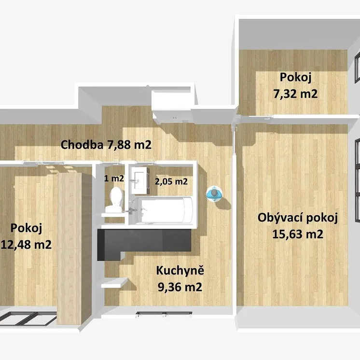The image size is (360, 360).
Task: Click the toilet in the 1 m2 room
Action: pos(115,200)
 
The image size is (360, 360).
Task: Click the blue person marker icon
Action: pos(214,194)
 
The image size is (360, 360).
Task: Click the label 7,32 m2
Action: pos(295,94)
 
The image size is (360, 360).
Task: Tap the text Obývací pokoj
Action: pos(298,218)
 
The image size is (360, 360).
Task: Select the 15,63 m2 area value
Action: pos(298,234)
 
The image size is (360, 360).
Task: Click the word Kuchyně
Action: pos(180,270)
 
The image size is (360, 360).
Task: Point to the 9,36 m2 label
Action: pos(180,287)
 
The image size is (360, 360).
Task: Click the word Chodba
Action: pos(82,145)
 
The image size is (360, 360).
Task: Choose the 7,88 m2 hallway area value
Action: pos(129,145)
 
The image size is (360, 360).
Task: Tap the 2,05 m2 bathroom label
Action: pos(171,181)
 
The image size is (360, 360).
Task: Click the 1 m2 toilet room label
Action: pos(114,179)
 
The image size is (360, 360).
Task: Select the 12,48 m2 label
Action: pos(26,245)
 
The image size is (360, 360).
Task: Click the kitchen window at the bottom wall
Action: pos(164,313)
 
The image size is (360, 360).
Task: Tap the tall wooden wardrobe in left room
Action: pos(69,248)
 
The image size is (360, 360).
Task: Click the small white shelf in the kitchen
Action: pos(114,283)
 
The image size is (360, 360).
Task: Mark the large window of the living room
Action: pos(357,180)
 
